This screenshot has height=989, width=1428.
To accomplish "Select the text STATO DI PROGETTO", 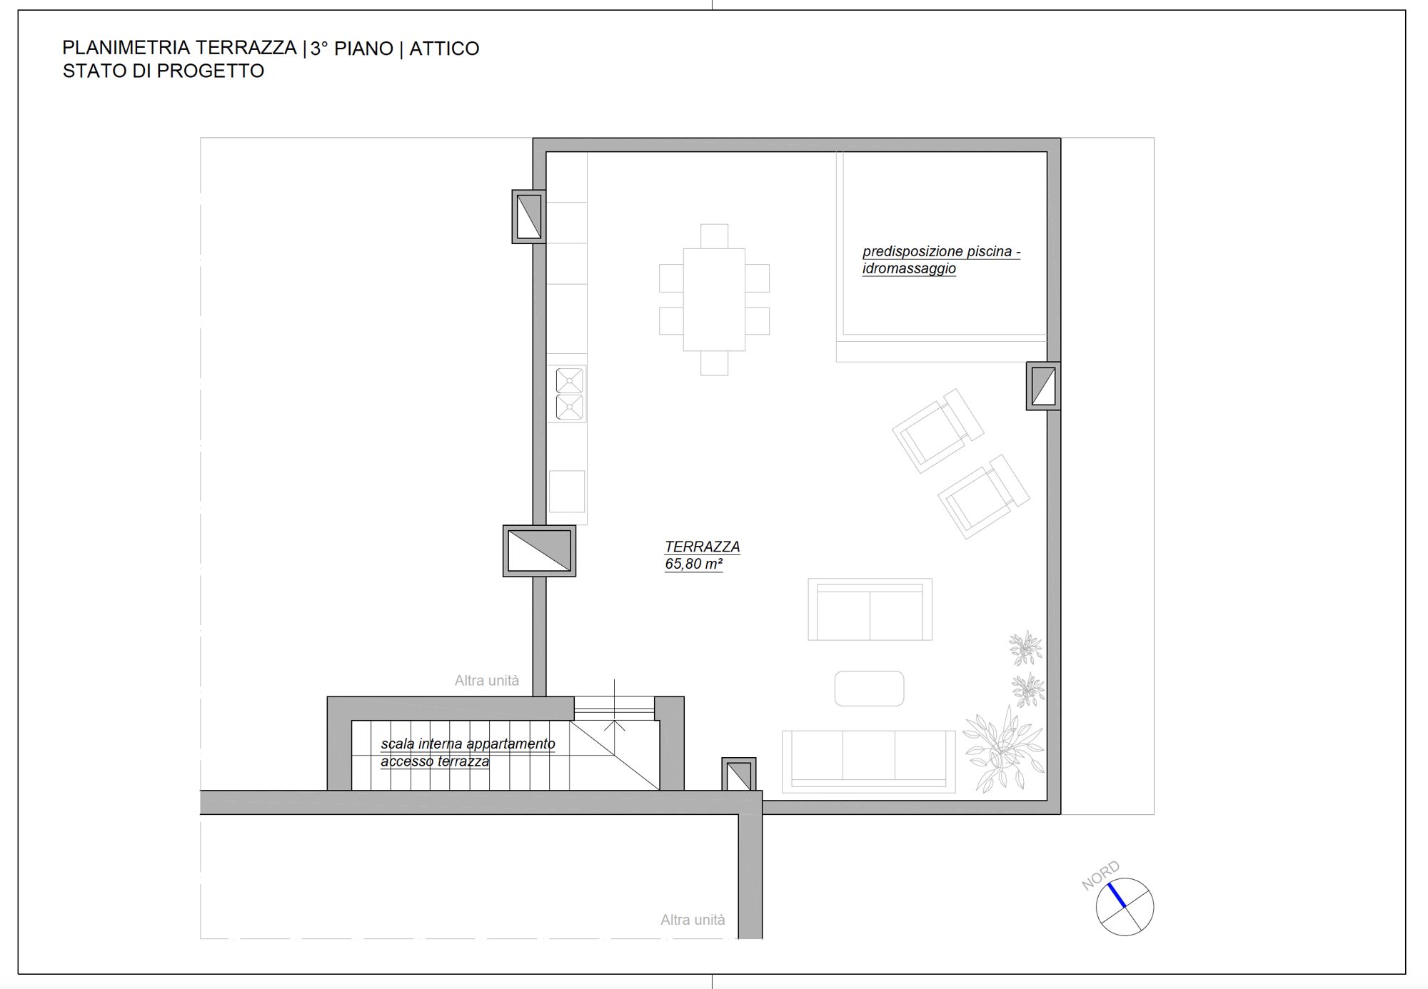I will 164,71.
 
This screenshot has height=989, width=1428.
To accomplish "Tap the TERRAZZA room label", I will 702,547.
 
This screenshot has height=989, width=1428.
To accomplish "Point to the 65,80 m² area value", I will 693,564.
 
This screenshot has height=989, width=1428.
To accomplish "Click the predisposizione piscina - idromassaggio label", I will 940,260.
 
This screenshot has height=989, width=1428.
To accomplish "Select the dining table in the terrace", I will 714,300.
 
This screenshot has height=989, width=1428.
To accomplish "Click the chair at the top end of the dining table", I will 714,235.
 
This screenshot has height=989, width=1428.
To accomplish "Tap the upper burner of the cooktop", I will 569,380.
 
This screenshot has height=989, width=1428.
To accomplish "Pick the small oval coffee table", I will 869,689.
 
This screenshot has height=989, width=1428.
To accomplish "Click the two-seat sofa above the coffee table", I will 870,610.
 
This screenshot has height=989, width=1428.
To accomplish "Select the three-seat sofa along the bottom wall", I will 868,761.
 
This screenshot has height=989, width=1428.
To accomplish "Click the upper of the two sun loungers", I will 937,430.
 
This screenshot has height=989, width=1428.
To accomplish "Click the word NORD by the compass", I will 1100,876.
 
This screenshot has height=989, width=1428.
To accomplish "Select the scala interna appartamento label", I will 468,744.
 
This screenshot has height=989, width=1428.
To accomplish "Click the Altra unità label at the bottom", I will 692,920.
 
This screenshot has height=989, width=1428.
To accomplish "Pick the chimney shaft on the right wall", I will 1043,386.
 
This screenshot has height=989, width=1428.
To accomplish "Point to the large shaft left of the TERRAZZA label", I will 539,551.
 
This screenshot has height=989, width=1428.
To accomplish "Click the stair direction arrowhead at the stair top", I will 615,725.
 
